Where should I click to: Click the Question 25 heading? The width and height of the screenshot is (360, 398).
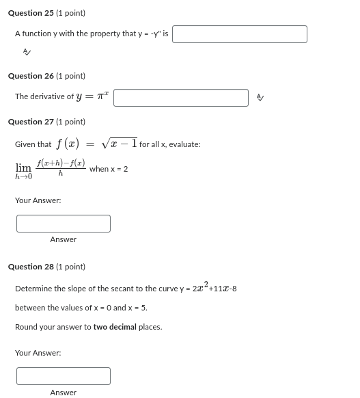[x=46, y=13]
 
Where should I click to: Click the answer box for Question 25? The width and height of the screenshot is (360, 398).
[x=239, y=34]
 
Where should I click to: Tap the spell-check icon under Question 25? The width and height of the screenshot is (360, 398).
[x=27, y=52]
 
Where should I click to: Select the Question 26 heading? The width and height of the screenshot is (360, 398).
[x=46, y=76]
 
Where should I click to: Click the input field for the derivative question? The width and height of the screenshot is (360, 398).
[x=181, y=98]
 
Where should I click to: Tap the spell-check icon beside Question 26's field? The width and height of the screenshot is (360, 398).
[x=260, y=98]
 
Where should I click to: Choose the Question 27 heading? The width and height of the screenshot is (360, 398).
[x=46, y=122]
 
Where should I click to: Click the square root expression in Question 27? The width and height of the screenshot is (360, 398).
[x=120, y=144]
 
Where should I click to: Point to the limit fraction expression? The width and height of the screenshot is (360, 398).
[x=61, y=168]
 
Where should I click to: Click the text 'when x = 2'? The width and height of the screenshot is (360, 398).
[x=109, y=169]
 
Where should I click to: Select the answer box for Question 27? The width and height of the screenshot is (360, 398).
[x=64, y=224]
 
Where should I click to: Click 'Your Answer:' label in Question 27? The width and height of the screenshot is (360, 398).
[x=38, y=200]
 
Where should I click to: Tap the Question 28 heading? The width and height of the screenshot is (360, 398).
[x=46, y=267]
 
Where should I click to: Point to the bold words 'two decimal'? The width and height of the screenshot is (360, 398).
[x=115, y=327]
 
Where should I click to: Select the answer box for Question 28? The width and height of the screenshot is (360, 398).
[x=64, y=376]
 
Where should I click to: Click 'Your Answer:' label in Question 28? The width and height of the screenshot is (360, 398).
[x=38, y=353]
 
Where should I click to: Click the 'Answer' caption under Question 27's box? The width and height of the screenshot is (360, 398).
[x=64, y=239]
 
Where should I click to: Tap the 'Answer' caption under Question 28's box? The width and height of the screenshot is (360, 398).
[x=64, y=393]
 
